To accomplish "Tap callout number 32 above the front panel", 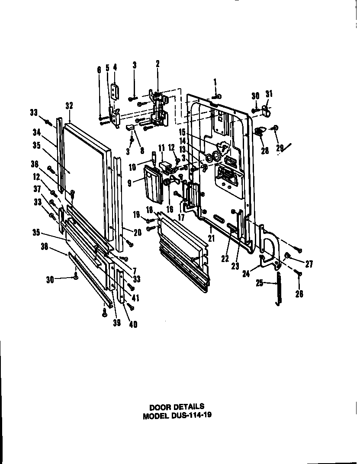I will click(69, 105).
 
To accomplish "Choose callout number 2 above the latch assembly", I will click(157, 64).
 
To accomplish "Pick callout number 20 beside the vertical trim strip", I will click(137, 232).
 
